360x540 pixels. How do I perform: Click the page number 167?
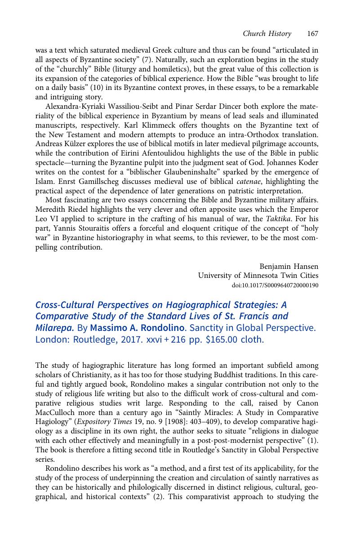pyautogui.click(x=313, y=34)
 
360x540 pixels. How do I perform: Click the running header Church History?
pyautogui.click(x=267, y=34)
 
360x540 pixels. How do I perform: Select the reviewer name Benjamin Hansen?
pyautogui.click(x=289, y=266)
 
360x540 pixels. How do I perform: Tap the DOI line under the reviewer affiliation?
pyautogui.click(x=275, y=285)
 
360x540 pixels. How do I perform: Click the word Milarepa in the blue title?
pyautogui.click(x=51, y=328)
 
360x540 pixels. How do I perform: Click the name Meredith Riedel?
pyautogui.click(x=60, y=210)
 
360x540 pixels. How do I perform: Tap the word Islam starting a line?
pyautogui.click(x=44, y=181)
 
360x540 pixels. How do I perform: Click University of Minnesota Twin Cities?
pyautogui.click(x=258, y=275)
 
